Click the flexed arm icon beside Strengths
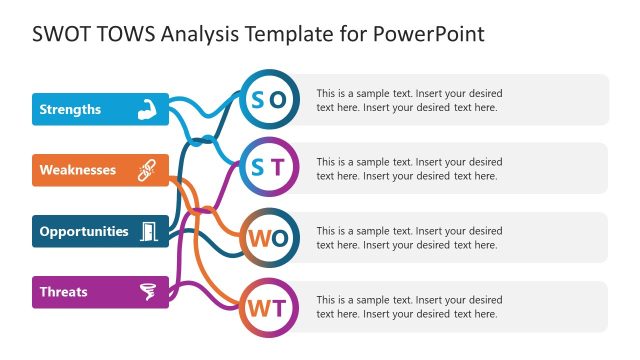pos(147,109)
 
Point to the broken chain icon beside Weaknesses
pos(147,170)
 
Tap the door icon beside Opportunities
pos(148,231)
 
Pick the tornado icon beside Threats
pos(148,292)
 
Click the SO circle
pos(268,98)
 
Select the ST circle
pos(268,167)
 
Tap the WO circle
pos(268,237)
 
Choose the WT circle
pos(268,306)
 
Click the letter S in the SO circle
pos(257,98)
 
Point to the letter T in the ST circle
pos(278,167)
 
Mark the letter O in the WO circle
pos(279,237)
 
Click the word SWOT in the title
pos(63,34)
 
